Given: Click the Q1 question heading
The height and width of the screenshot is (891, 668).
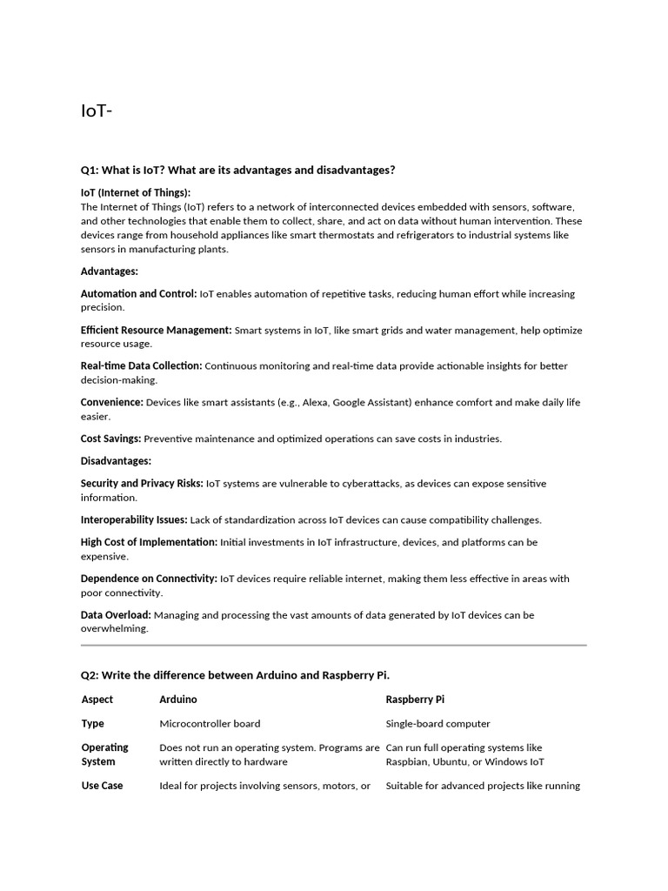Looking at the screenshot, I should [237, 170].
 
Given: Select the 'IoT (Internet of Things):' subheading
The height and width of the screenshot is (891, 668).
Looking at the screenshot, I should [136, 192].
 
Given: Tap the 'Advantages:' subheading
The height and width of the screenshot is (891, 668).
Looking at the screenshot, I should [110, 271].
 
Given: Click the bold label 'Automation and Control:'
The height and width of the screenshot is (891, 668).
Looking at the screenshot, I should [139, 294].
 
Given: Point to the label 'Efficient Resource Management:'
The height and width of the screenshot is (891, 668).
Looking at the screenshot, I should [157, 331].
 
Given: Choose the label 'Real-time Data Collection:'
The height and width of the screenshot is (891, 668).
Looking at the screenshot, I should [142, 366].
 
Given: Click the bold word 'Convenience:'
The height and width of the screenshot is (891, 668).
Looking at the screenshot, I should [112, 403].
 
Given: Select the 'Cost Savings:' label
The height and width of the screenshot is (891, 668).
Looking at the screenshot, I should [111, 439].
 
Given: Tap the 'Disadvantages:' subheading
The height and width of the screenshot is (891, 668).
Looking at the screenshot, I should [116, 461].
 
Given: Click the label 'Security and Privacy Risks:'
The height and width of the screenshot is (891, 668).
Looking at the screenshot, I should [143, 484].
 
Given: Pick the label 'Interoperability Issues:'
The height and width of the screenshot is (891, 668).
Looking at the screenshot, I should [134, 520].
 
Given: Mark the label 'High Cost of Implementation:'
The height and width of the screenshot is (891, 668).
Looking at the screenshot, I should [149, 542].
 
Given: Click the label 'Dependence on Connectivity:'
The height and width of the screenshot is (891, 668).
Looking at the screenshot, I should [149, 579].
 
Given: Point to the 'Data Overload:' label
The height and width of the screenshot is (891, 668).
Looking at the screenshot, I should [116, 615].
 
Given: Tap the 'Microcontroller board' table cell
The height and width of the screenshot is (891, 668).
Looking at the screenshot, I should [210, 724].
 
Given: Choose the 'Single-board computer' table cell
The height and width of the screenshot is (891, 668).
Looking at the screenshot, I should [438, 724].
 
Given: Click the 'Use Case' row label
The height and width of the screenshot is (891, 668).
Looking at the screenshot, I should [102, 786].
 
